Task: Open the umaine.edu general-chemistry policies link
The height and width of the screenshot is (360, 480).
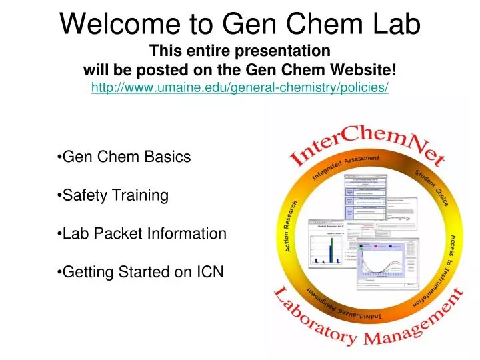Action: click(240, 88)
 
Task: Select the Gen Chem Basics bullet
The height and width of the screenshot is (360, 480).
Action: click(125, 157)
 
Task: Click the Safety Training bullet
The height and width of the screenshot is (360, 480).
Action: click(113, 195)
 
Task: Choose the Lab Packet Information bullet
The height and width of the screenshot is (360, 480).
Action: click(143, 234)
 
